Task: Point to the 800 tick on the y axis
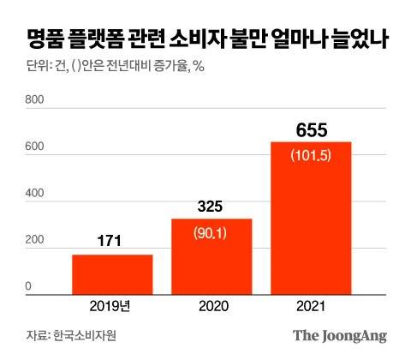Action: pos(34,101)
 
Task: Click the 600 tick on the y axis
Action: pos(34,147)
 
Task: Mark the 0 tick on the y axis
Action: pos(28,287)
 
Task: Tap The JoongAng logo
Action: pos(339,335)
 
